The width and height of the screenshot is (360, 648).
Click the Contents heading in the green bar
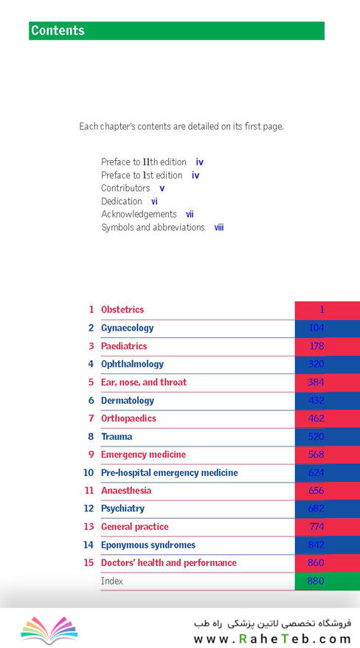point(58,30)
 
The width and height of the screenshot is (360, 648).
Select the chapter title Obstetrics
point(122,309)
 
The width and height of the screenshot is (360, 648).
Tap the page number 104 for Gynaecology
point(316,328)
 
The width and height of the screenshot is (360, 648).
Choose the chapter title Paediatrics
point(124,346)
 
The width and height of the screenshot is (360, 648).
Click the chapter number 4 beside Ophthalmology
point(91,364)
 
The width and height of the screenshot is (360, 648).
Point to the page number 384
point(316,382)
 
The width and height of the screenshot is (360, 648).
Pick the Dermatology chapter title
point(128,401)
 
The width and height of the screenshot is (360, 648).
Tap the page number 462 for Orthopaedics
point(316,418)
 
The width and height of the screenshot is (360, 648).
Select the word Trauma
point(117,436)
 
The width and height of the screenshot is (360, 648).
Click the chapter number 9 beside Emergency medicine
point(91,455)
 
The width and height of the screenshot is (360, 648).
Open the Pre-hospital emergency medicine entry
point(169,473)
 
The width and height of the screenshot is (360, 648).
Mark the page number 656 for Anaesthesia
point(316,491)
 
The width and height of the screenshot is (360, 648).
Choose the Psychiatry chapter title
point(122,509)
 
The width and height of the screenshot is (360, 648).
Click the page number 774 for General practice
point(316,526)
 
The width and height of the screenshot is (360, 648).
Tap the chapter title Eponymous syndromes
point(148,545)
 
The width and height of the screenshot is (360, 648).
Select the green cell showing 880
point(328,581)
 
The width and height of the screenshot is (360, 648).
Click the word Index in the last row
point(112,581)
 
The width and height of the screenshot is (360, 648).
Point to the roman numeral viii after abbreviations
point(219,227)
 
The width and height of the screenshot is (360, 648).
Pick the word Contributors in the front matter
point(125,188)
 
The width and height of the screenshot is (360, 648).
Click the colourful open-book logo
point(49,630)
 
